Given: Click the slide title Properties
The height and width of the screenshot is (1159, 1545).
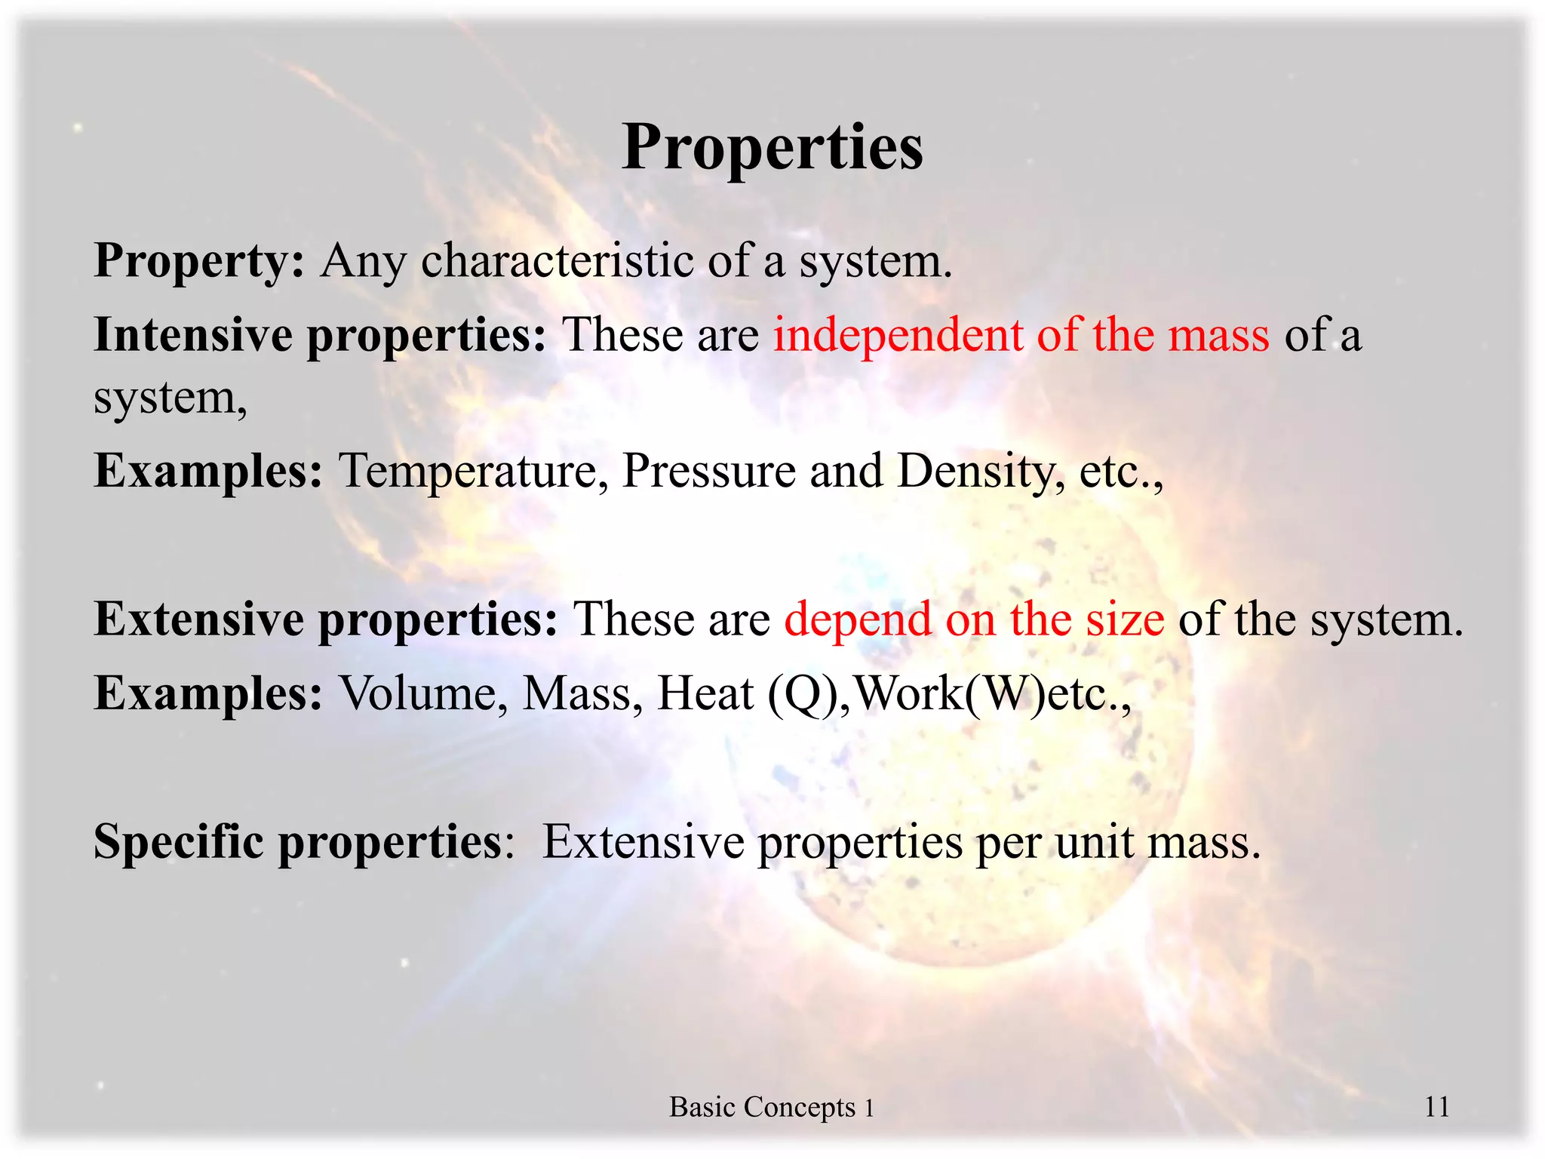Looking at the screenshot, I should click(772, 147).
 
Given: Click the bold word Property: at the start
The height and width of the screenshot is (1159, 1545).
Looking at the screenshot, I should click(199, 261).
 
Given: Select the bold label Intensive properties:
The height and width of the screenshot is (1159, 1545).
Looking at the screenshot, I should click(320, 335).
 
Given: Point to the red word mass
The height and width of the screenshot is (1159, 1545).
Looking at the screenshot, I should click(1218, 335).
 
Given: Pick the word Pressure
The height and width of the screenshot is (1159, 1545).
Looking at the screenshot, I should click(708, 472).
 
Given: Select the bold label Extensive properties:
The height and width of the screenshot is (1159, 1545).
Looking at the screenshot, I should click(326, 619).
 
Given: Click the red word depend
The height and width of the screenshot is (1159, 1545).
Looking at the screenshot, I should click(858, 619).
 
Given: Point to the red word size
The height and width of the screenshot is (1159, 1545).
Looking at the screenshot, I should click(1125, 619).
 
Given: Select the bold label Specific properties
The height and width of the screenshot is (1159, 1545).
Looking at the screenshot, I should click(297, 841).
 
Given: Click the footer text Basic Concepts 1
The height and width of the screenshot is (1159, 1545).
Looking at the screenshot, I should click(772, 1107).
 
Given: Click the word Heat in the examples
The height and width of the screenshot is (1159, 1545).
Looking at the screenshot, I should click(705, 693).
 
